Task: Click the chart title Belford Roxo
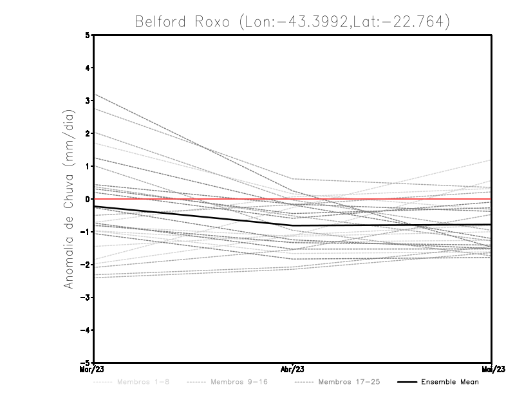pos(292,21)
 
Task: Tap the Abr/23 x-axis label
pos(293,370)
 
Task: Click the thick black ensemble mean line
pos(193,216)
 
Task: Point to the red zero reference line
pos(386,199)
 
